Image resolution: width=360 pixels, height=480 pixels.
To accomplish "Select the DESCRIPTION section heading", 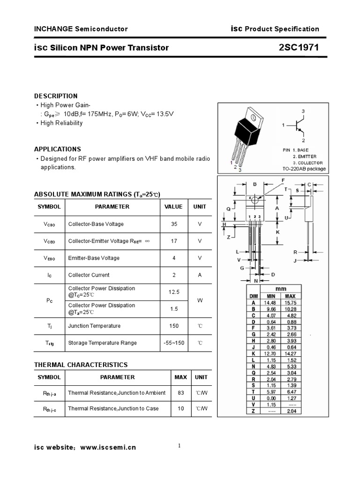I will click(56, 96).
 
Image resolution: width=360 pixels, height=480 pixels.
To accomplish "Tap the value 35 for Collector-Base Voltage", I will click(174, 224).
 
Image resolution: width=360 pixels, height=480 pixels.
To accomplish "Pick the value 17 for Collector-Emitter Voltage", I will click(174, 241).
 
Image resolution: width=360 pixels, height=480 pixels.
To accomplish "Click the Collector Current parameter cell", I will click(89, 275).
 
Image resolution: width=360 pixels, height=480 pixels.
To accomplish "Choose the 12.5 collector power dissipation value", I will click(174, 292).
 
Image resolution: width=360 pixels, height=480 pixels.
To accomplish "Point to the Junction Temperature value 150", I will click(174, 326).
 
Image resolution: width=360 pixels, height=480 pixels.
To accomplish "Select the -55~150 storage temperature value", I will click(174, 343).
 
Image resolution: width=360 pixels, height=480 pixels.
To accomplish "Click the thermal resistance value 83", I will click(181, 393).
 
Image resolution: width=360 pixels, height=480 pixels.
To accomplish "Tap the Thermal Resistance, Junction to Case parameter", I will click(113, 408).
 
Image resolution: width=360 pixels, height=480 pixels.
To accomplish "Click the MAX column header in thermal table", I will click(181, 377).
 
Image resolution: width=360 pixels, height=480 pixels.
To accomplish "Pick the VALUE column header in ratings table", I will click(173, 206).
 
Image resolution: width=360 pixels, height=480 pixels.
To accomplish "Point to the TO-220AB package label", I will click(304, 169).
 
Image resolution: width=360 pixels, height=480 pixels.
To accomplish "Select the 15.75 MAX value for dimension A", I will click(290, 303).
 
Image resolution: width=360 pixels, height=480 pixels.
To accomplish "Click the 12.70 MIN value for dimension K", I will click(271, 353).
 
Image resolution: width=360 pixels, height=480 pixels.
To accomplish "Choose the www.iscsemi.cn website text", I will click(108, 448).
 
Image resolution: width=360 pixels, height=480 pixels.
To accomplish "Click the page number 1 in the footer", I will click(180, 446).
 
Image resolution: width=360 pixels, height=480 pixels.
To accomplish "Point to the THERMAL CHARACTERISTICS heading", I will click(81, 365).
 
